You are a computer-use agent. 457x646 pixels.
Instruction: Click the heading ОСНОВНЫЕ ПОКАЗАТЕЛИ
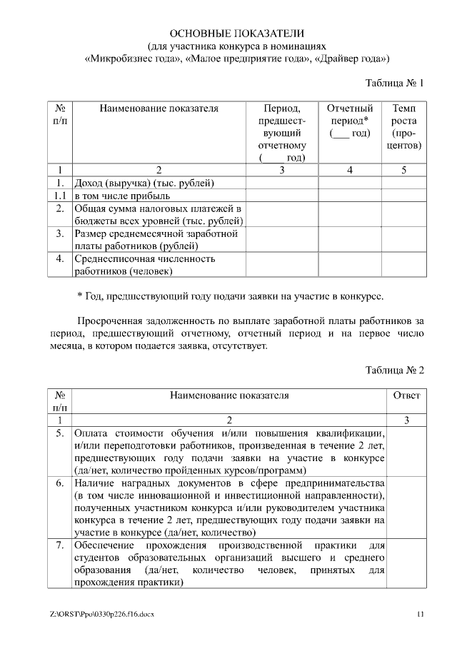coord(236,33)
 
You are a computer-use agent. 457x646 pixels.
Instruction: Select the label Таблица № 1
coord(394,83)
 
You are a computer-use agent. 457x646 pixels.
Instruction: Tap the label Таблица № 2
coord(394,370)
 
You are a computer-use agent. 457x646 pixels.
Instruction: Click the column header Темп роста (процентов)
coord(403,126)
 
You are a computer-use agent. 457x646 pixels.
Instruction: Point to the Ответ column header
coord(406,395)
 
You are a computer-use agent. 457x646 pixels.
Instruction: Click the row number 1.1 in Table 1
coord(61,196)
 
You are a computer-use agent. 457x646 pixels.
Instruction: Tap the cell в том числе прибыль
coord(122,196)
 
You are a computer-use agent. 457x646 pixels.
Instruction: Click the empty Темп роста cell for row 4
coord(403,264)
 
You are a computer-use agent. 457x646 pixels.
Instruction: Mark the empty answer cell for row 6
coord(406,508)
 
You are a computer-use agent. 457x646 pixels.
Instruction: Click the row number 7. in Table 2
coord(61,546)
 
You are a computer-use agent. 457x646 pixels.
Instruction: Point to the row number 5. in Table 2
coord(61,433)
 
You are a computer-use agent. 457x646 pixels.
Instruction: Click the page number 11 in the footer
coord(421,614)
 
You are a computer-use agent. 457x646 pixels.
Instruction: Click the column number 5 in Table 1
coord(403,170)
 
